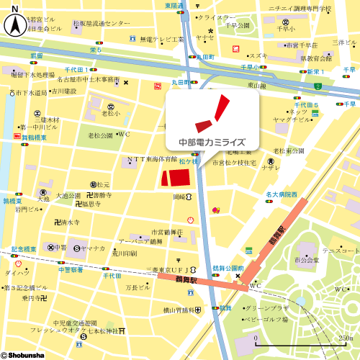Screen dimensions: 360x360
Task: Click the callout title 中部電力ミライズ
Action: (x=212, y=143)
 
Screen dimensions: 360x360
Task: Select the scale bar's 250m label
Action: (x=346, y=338)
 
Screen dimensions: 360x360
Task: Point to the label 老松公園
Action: (x=100, y=135)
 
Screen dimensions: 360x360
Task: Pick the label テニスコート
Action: (x=339, y=250)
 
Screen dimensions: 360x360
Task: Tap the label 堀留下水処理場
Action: (x=32, y=74)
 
